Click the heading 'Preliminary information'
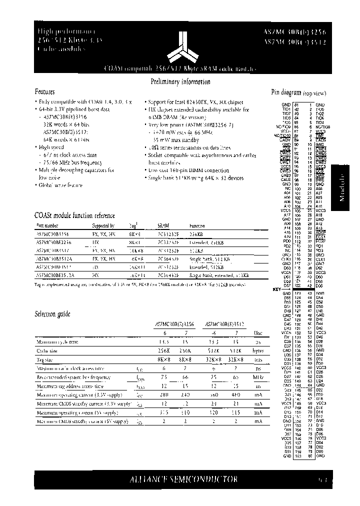click(180, 82)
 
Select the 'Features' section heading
click(44, 92)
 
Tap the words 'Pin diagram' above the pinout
click(285, 92)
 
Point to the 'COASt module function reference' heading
click(74, 215)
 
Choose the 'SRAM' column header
click(163, 225)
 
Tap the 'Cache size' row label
click(47, 351)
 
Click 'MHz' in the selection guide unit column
click(257, 377)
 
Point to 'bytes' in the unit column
click(257, 351)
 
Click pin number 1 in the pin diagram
click(310, 104)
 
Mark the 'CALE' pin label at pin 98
click(286, 180)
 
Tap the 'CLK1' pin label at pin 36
click(320, 259)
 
